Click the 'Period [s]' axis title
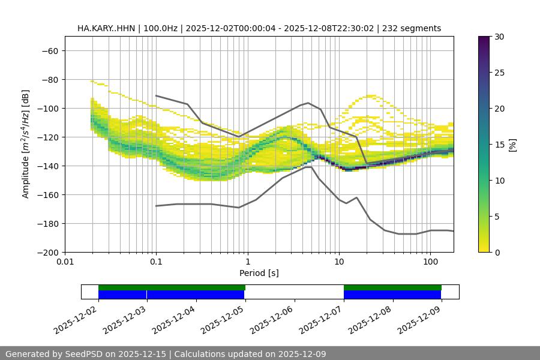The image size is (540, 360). [259, 273]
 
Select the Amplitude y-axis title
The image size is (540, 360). [26, 144]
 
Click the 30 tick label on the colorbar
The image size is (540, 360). [499, 37]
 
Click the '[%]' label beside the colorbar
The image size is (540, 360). [512, 145]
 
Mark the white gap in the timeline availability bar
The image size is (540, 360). [294, 292]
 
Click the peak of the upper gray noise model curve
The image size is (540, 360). [308, 103]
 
